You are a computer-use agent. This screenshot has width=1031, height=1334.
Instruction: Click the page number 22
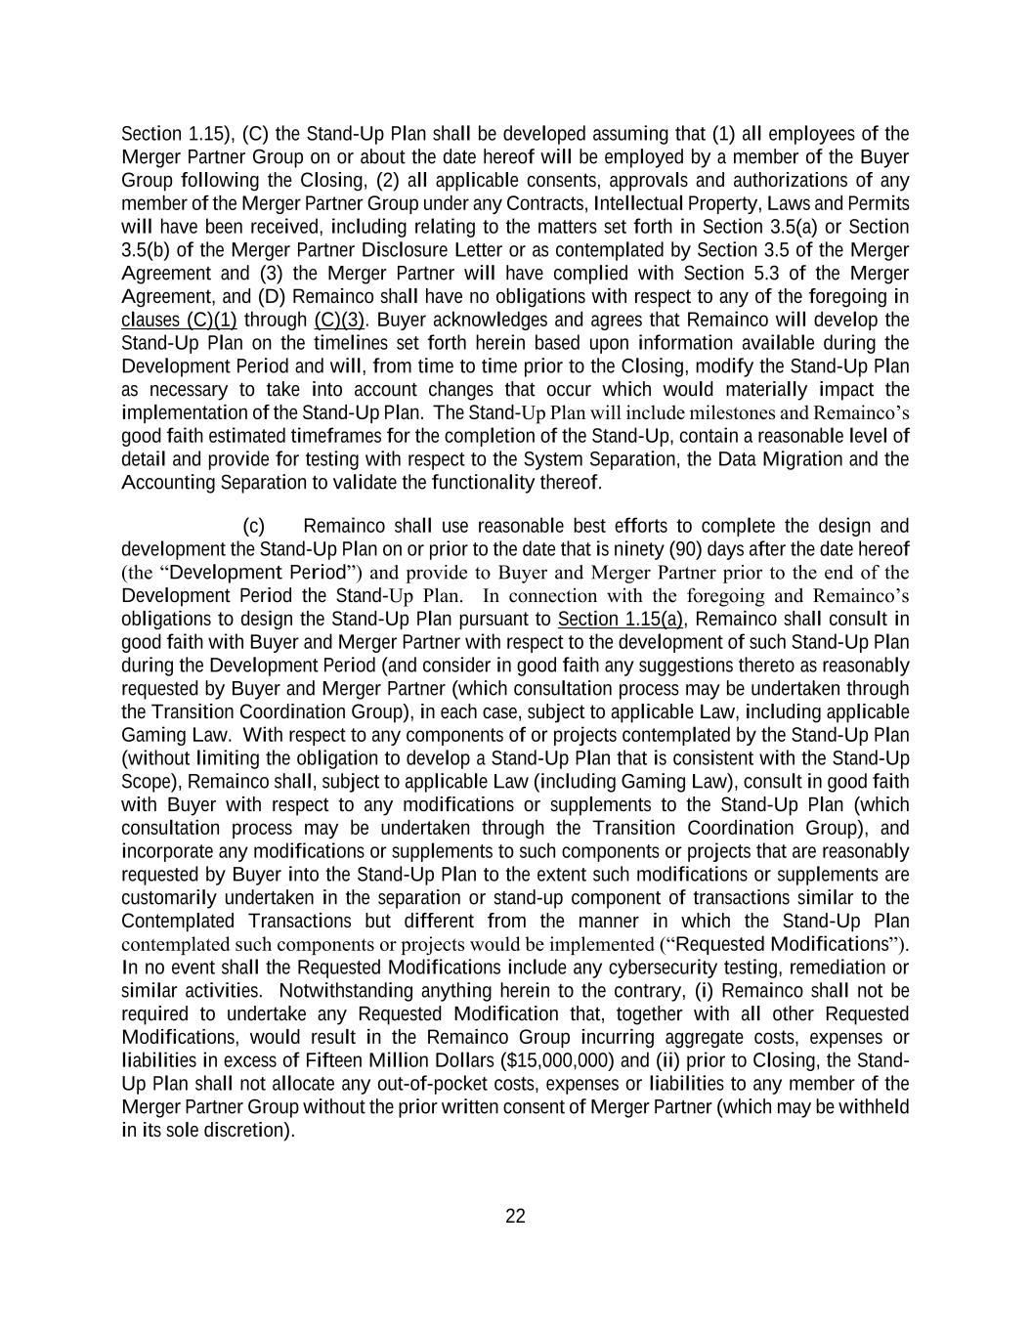click(515, 1216)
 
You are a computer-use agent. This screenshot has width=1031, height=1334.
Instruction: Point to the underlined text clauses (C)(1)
click(179, 320)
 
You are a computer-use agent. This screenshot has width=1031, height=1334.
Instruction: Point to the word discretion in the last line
click(249, 1131)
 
